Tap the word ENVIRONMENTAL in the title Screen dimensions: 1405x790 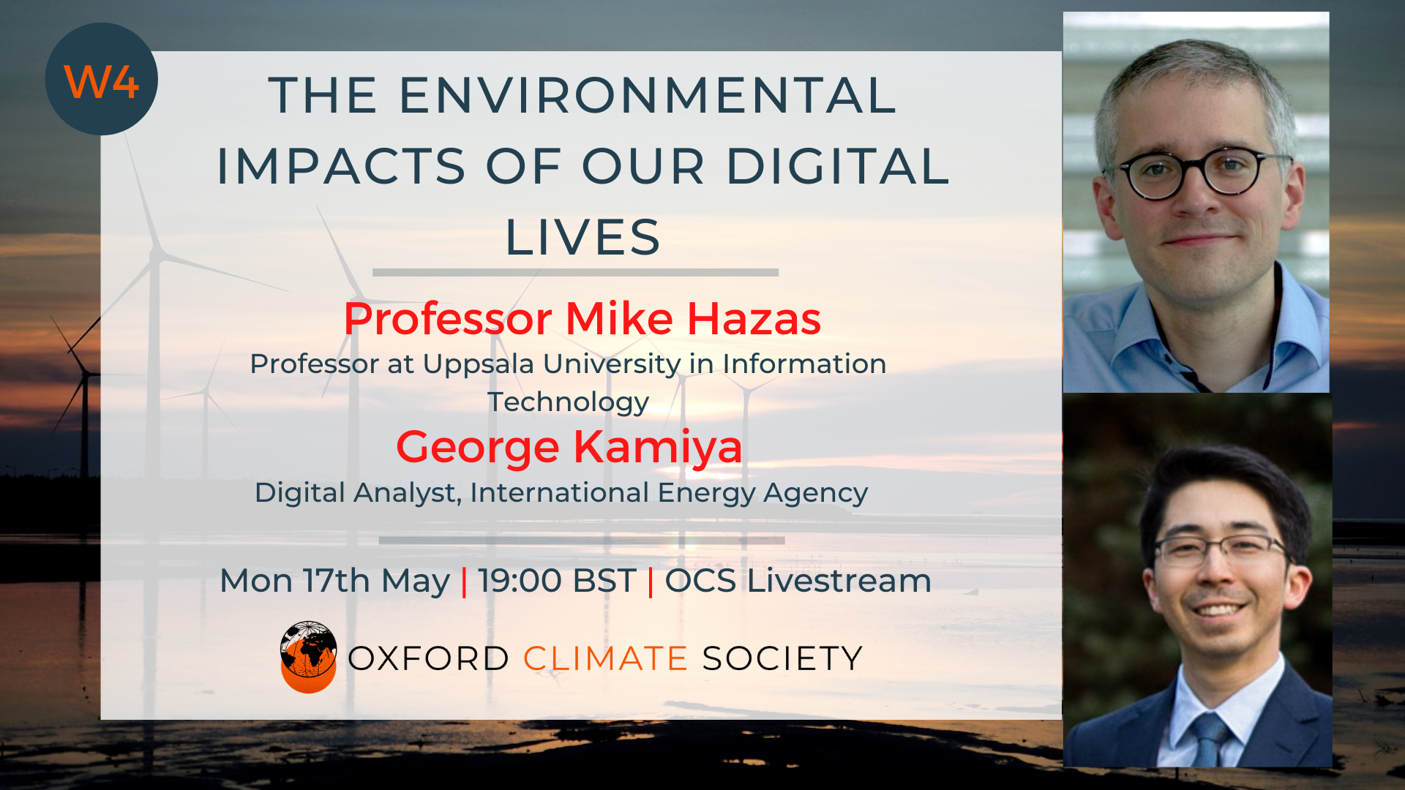(648, 96)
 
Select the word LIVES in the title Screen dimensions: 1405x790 (583, 238)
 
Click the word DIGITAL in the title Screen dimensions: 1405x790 (838, 166)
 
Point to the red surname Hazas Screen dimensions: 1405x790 (754, 319)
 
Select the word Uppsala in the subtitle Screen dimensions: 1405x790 (480, 364)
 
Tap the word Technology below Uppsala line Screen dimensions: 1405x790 (569, 402)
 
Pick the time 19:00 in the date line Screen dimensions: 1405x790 (520, 581)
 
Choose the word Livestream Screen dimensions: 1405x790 (839, 581)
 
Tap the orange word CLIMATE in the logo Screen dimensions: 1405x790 (605, 658)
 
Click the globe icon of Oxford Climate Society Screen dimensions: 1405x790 (308, 657)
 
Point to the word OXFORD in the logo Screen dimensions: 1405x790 (428, 658)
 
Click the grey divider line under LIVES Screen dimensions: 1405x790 (575, 272)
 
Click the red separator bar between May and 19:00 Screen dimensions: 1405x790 (464, 582)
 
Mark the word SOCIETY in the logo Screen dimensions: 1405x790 (782, 658)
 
